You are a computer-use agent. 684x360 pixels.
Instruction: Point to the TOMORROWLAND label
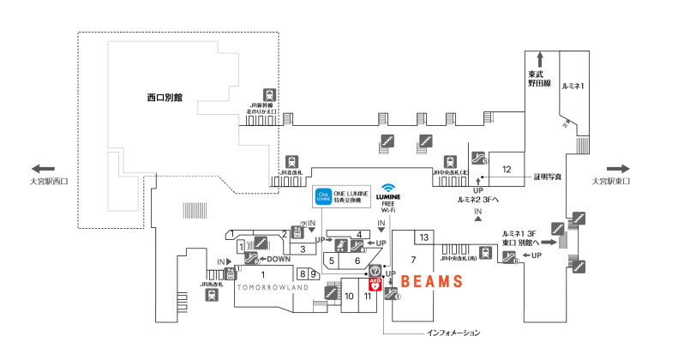coord(273,288)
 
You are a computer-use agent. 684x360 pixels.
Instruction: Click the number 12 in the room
coord(507,169)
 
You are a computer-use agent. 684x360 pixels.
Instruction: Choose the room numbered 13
coord(424,237)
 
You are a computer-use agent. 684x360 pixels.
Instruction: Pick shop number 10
coord(350,297)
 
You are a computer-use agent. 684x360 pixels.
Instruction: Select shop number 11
coord(368,297)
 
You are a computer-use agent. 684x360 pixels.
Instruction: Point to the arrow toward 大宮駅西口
coord(42,169)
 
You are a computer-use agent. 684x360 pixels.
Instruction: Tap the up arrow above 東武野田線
coord(539,59)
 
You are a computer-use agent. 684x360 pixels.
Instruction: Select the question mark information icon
coord(375,271)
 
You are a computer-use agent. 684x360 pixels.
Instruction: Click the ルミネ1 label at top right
coord(573,87)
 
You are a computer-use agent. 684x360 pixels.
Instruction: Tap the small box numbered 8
coord(303,274)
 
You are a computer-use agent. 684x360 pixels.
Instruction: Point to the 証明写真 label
coord(547,177)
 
